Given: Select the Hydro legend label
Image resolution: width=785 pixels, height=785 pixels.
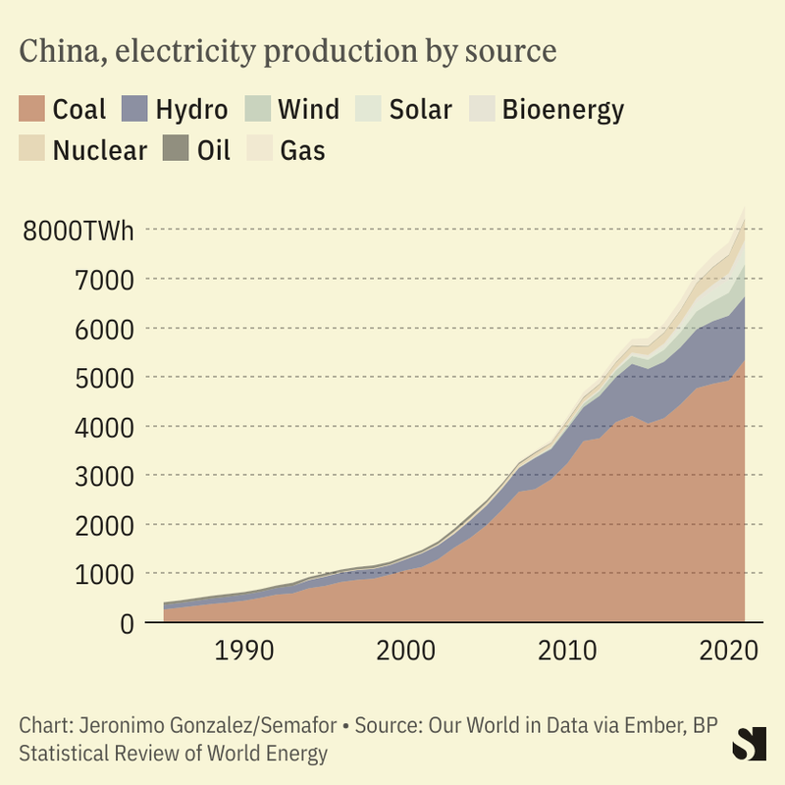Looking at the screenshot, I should [191, 109].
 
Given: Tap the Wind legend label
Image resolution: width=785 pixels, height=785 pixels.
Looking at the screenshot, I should [308, 109].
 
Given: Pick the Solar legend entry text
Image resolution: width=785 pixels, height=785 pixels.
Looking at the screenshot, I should [420, 109].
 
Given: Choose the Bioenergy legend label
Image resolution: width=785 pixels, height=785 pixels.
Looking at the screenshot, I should [562, 109].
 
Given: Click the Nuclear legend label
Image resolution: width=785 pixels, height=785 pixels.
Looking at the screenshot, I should [99, 150].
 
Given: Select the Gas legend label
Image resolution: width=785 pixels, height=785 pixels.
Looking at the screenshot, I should [302, 150].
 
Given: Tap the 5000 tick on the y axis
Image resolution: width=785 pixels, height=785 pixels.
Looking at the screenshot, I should [105, 378].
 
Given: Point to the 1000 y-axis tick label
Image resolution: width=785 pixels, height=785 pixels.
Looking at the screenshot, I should [105, 574].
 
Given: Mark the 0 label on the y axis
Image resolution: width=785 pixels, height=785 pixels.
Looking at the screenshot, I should [128, 623].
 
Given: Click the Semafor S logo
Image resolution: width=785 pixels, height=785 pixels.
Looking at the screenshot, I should [749, 743].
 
